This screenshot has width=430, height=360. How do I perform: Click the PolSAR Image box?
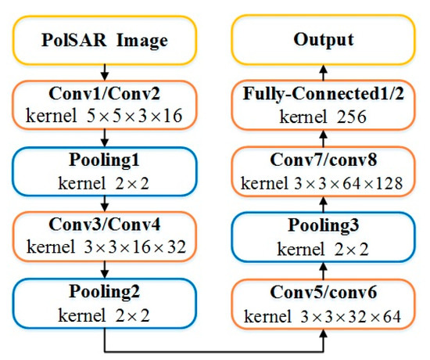(x=104, y=38)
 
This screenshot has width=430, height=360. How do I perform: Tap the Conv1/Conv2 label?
(x=104, y=95)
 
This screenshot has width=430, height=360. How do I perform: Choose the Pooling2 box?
(x=104, y=306)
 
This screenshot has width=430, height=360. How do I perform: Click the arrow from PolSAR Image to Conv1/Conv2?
(x=104, y=71)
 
